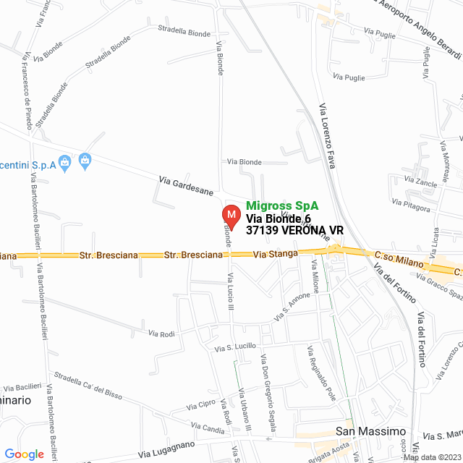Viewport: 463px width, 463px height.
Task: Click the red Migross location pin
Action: [x=231, y=215]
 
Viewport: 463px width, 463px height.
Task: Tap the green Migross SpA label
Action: [x=282, y=205]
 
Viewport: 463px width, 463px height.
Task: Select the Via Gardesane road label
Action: [x=187, y=187]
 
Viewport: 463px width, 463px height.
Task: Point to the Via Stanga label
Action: [x=272, y=255]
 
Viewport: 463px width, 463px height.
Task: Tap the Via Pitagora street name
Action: [x=411, y=205]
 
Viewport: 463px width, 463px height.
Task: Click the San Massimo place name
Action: [x=371, y=432]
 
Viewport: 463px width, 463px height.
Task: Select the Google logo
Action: [x=24, y=454]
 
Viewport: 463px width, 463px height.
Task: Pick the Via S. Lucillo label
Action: [x=235, y=347]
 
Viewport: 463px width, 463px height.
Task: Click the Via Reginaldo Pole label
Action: [x=322, y=374]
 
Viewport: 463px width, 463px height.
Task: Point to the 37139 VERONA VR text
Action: [x=294, y=231]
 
